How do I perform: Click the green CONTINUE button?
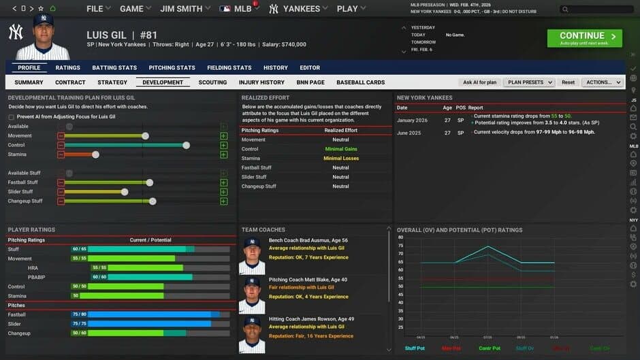[584, 38]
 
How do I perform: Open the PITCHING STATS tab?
[172, 67]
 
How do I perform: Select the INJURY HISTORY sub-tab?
[261, 82]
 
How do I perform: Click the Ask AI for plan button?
[480, 82]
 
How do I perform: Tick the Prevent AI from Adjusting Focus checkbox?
[11, 117]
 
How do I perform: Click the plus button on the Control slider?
[223, 145]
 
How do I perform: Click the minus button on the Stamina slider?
[61, 154]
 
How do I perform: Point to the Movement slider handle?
[145, 136]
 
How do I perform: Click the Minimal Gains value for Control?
[341, 149]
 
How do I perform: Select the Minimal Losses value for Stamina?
[341, 159]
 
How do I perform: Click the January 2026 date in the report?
[413, 120]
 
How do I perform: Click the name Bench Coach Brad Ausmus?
[308, 240]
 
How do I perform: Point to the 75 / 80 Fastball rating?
[78, 314]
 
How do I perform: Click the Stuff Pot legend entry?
[415, 348]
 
